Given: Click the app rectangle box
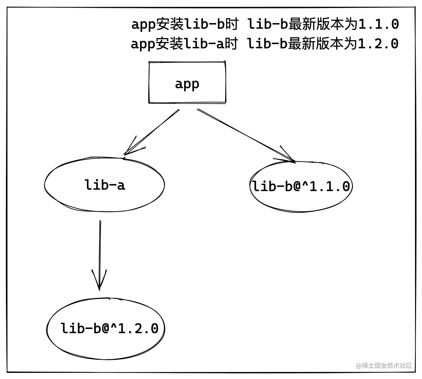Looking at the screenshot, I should coord(187,83).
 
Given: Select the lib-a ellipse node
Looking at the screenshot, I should coord(104,185).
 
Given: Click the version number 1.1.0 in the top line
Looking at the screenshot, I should coord(379,24).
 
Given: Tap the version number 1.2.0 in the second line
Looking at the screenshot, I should coord(379,44).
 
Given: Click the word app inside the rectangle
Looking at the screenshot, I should coord(187,84).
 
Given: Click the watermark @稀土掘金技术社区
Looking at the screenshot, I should coord(384,365).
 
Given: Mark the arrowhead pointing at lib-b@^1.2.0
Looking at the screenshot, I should coord(99,282).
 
